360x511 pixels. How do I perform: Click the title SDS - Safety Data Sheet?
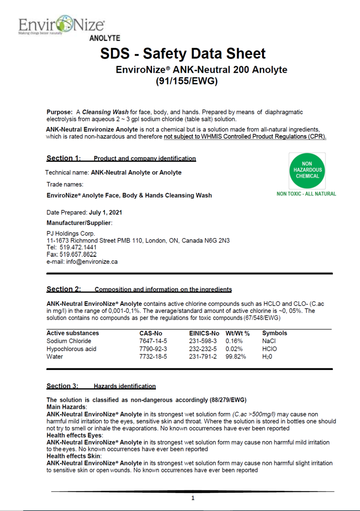183,54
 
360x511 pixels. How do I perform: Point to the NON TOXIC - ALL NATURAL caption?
306,194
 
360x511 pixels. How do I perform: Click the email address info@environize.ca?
91,261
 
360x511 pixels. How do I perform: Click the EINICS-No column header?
204,333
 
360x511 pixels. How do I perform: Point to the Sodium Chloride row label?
69,341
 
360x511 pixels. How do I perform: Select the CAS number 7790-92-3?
153,349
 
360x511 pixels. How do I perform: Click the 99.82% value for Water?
236,356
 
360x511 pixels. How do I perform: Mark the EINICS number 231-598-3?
203,341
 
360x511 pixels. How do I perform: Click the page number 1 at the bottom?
193,498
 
